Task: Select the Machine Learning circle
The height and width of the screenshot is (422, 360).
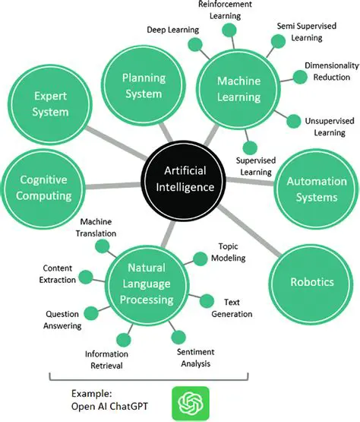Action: point(238,89)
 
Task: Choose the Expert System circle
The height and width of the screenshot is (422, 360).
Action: point(50,103)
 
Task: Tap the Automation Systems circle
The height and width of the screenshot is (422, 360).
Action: point(315,189)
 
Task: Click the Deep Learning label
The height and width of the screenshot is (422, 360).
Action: point(172,30)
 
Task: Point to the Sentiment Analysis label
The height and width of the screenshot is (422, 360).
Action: point(196,357)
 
